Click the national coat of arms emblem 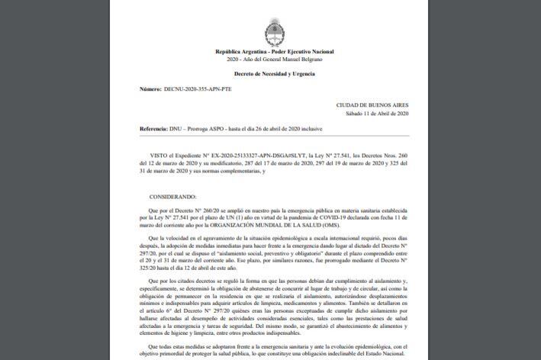[x=274, y=34]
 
